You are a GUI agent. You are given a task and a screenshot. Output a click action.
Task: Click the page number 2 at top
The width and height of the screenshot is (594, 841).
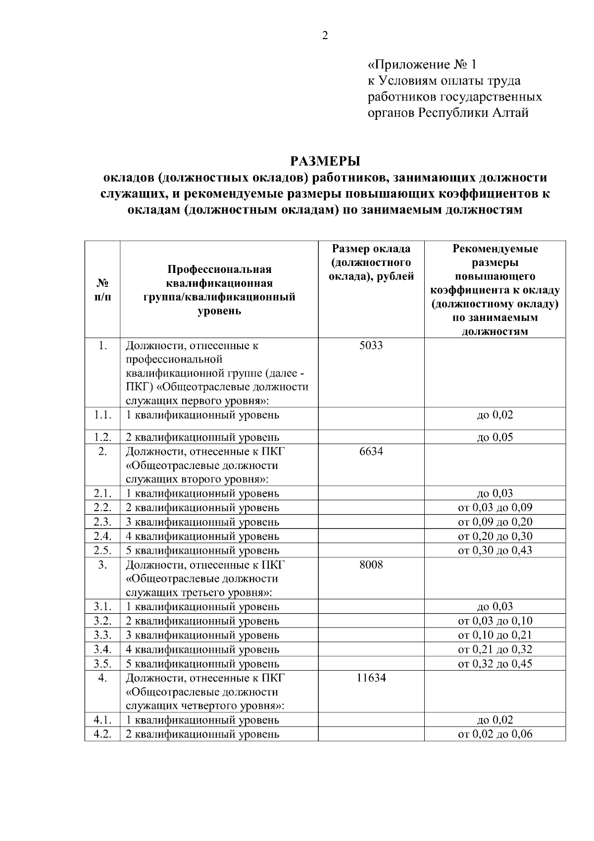point(325,36)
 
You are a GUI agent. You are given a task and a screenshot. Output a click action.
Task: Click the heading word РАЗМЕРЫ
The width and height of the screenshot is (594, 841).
point(325,161)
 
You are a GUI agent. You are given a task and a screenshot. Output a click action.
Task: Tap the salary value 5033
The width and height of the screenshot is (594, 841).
point(371,345)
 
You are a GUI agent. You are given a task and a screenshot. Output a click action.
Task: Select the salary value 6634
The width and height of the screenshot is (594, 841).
point(371,451)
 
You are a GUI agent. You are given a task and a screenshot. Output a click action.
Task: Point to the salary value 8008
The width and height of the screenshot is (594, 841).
point(371,565)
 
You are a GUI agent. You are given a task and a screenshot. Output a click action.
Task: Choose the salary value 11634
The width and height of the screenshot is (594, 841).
point(371,678)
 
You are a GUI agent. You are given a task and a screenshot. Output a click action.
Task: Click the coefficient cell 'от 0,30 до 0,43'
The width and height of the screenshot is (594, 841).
point(495,550)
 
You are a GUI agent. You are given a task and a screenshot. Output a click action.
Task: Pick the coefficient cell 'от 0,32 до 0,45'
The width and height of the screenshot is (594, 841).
point(495,664)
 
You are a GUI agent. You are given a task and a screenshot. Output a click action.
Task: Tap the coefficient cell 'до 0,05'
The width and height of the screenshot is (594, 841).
point(495,437)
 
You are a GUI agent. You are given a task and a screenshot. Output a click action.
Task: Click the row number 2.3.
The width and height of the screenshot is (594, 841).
point(102,522)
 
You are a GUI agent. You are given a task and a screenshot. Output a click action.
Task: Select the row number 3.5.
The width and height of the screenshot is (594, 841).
point(102,664)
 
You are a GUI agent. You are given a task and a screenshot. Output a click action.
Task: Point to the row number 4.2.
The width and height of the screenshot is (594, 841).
point(102,734)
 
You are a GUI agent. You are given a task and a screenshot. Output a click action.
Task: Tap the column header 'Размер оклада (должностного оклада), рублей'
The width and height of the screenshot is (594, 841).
point(371,263)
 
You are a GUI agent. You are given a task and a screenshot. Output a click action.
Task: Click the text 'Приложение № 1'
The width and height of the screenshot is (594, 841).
point(424,65)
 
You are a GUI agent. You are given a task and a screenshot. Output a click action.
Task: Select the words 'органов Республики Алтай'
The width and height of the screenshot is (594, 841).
point(448,113)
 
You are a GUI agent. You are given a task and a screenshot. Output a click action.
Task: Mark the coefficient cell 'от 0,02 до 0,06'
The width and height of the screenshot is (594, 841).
point(495,734)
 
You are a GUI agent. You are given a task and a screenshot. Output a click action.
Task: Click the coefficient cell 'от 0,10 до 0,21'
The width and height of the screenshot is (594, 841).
point(495,635)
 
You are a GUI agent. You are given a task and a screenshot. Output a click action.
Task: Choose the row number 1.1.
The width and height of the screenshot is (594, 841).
point(102,415)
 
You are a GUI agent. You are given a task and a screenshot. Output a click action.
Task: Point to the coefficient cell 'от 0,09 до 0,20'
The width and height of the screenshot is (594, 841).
point(495,522)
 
